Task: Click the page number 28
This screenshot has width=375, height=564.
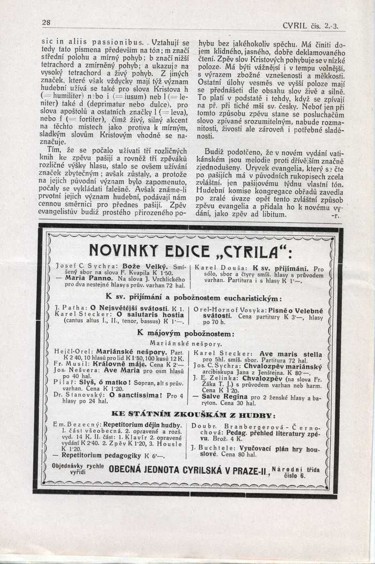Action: pyautogui.click(x=46, y=23)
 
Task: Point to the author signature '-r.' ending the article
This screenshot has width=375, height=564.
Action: pyautogui.click(x=335, y=216)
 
